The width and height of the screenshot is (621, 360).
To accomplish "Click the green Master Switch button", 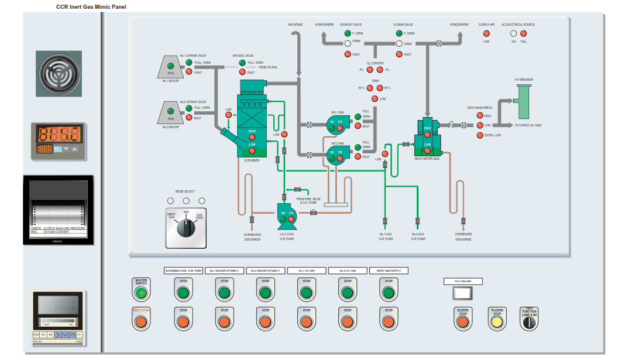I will [140, 292].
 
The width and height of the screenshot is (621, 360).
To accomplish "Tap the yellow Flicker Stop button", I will [496, 321].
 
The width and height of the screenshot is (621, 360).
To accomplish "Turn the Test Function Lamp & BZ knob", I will [529, 321].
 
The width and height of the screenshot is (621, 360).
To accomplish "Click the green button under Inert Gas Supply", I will [388, 292].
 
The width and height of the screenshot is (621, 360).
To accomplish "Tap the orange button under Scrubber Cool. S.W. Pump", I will [183, 321].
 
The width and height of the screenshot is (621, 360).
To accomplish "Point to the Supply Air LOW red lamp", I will [486, 33].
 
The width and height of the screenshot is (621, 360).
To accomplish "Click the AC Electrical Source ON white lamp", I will [513, 33].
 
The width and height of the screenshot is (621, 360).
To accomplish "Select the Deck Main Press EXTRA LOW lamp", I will [480, 135].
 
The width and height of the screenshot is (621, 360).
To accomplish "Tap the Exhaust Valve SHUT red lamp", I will [348, 54].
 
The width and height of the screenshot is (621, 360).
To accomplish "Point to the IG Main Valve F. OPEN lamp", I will [399, 33].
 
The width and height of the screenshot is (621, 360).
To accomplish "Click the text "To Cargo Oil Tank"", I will [529, 125].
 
